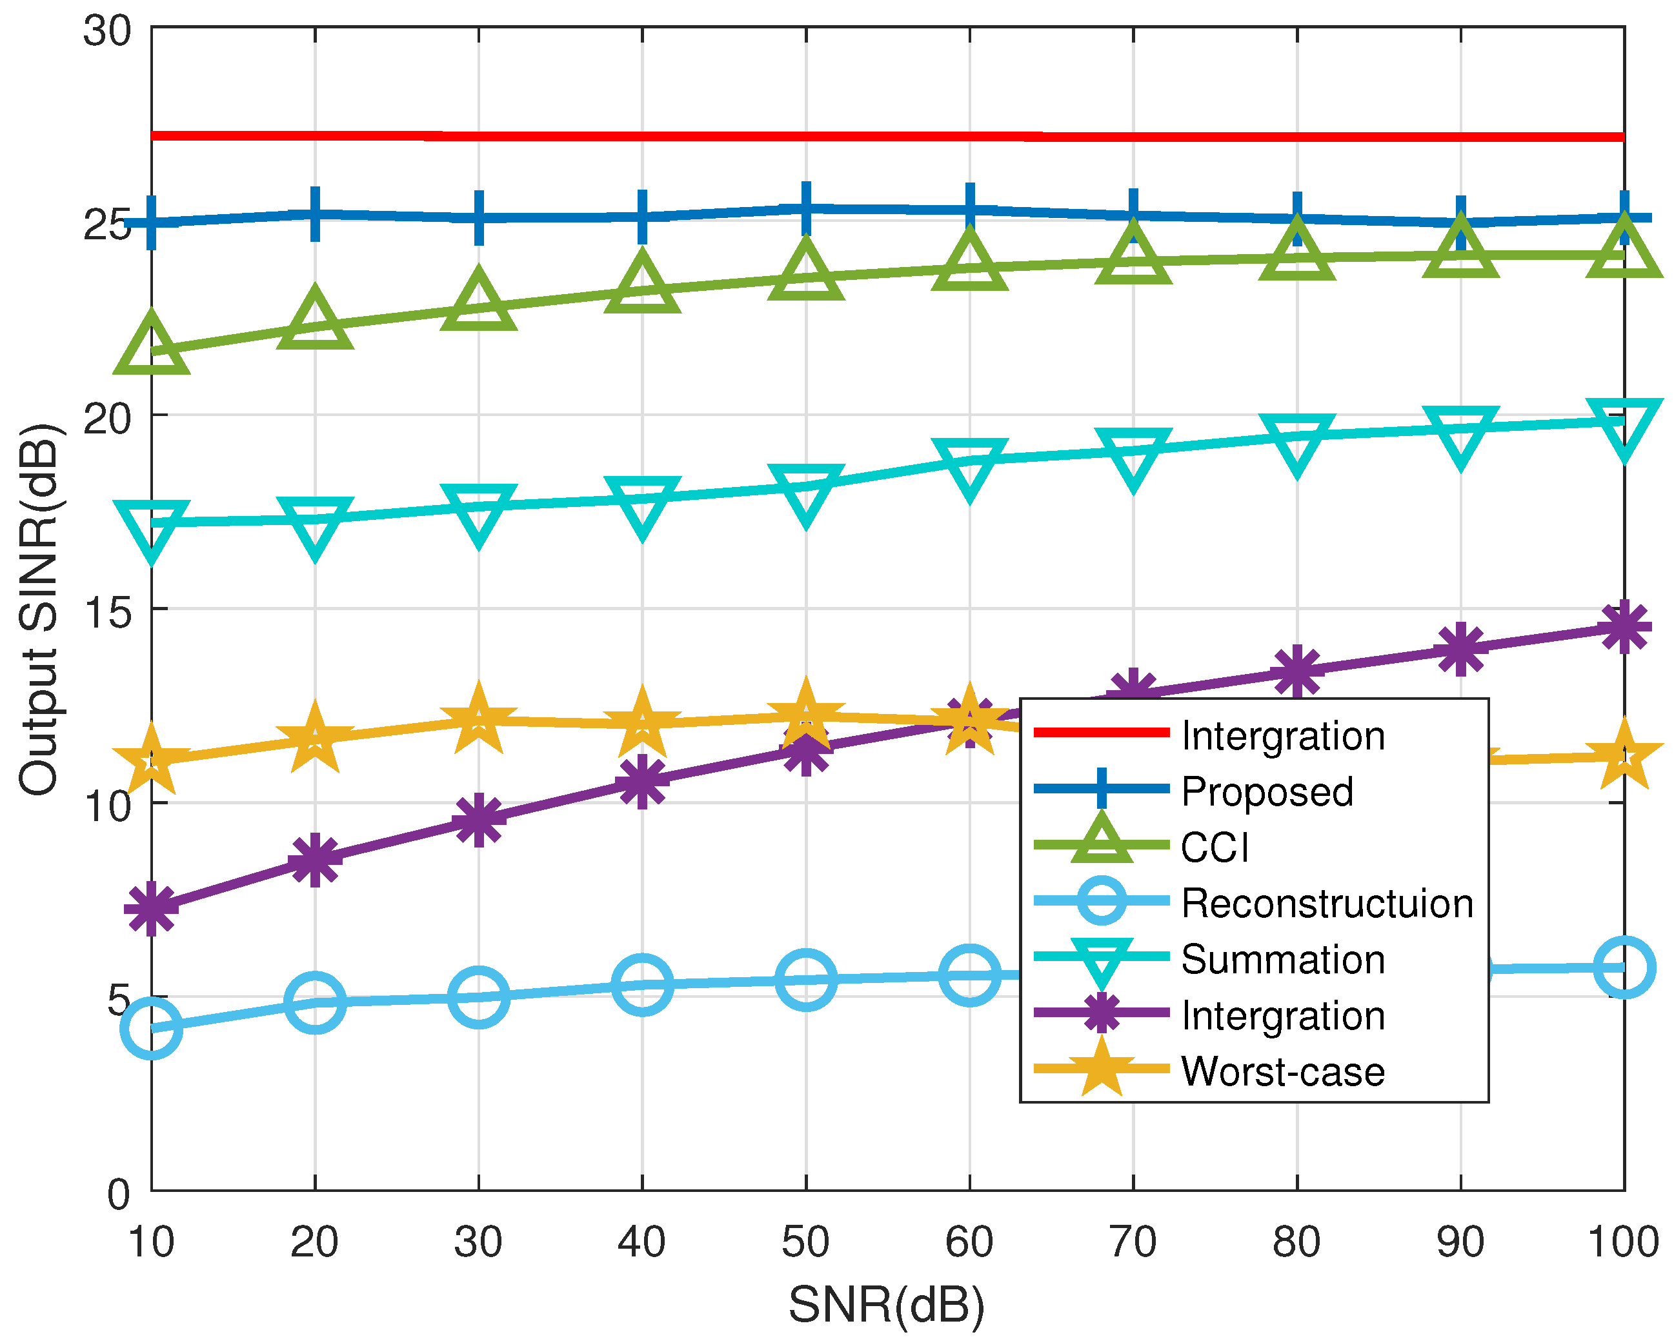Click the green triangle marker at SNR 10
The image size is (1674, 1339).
[x=152, y=347]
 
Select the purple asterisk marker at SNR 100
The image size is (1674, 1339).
[x=1624, y=627]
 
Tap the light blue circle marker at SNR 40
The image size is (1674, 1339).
[x=642, y=984]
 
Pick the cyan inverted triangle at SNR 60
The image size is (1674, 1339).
[x=970, y=464]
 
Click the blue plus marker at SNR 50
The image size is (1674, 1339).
[x=807, y=209]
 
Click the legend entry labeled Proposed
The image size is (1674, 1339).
[x=1267, y=792]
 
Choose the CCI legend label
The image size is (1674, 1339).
[x=1215, y=848]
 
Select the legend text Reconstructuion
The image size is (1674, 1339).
[x=1327, y=904]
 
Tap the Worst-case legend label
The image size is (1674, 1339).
[x=1283, y=1071]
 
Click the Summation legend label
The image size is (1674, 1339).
[x=1283, y=959]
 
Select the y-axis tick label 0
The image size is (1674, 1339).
[x=118, y=1195]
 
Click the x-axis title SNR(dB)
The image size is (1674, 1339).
[x=886, y=1305]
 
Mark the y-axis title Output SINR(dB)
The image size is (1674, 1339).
[x=39, y=610]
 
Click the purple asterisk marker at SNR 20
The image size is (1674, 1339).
[x=314, y=860]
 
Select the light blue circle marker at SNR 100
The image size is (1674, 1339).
[x=1624, y=967]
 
